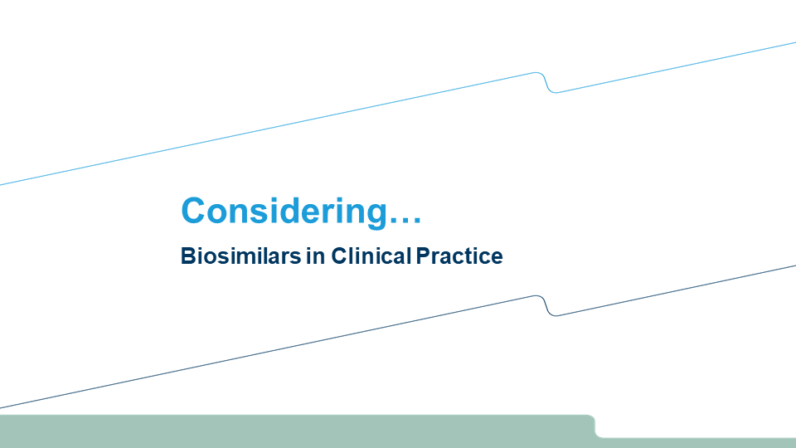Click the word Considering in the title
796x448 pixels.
click(x=284, y=211)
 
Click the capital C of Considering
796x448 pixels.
click(x=193, y=210)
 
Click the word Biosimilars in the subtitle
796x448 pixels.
click(x=240, y=256)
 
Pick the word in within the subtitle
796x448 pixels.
click(x=316, y=256)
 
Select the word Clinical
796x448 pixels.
click(x=371, y=256)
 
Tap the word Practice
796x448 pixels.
click(x=459, y=256)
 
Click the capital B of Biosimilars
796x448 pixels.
click(x=188, y=256)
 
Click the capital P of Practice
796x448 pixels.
click(x=423, y=256)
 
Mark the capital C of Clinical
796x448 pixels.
click(x=339, y=256)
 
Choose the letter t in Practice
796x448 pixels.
click(x=472, y=257)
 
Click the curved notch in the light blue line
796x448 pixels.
click(x=546, y=83)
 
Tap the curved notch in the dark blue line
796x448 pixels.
click(x=546, y=306)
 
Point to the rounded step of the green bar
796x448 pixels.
click(x=595, y=426)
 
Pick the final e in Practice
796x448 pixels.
click(x=497, y=258)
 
